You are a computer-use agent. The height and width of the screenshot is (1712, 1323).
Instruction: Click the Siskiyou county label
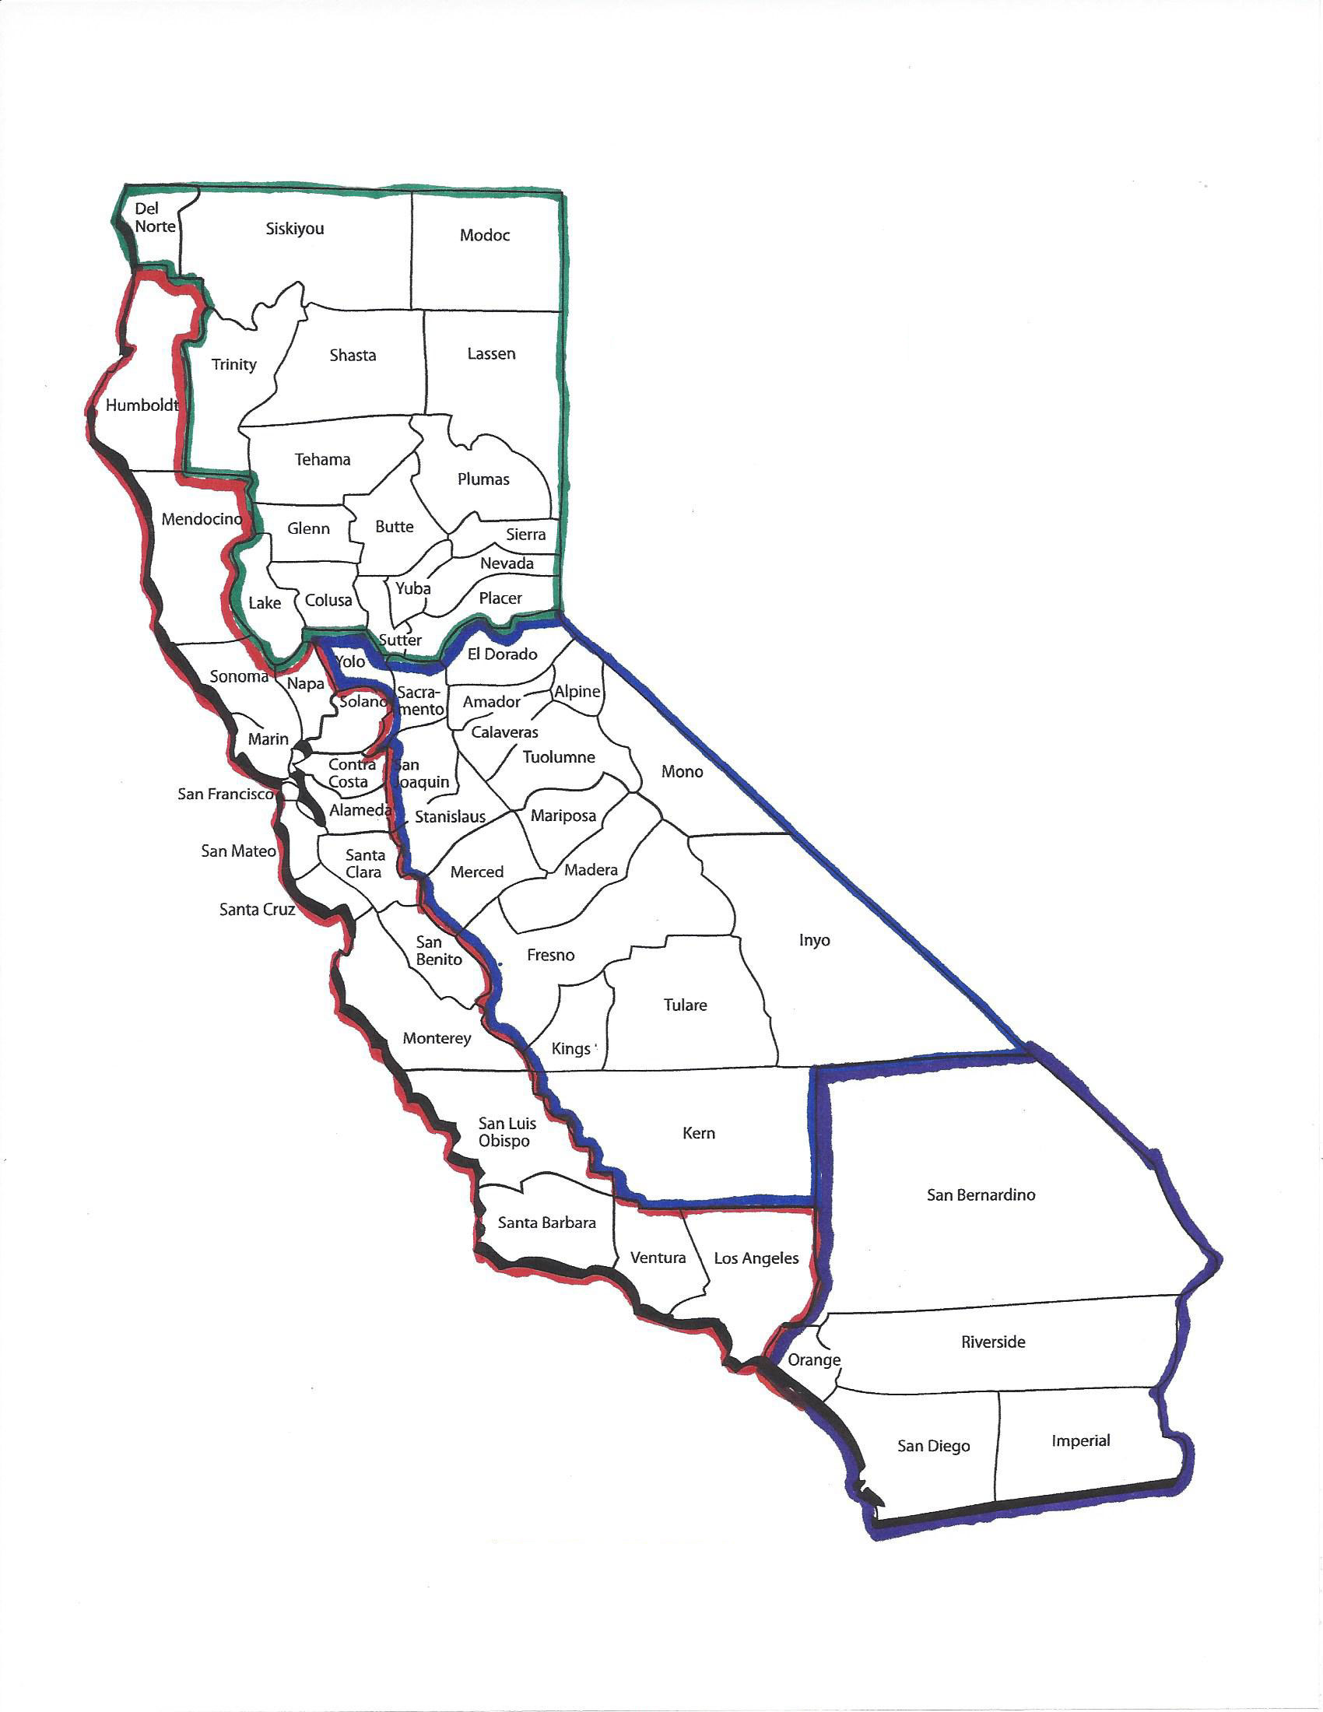click(x=295, y=229)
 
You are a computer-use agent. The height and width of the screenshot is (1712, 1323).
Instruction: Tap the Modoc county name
click(x=484, y=235)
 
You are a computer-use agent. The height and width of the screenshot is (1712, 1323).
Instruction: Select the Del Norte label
click(x=153, y=217)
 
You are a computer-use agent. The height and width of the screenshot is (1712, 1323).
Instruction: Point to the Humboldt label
click(x=142, y=405)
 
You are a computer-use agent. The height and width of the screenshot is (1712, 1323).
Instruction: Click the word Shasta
click(x=353, y=355)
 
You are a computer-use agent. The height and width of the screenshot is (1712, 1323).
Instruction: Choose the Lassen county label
click(x=491, y=353)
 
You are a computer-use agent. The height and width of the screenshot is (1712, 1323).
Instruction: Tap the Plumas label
click(x=483, y=479)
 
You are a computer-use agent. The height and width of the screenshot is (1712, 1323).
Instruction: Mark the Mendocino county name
click(x=202, y=519)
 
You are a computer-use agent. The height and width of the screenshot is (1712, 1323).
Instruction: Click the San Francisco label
click(x=226, y=794)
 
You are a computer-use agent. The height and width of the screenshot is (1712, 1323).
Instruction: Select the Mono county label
click(x=682, y=771)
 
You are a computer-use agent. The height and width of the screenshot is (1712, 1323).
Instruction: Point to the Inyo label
click(x=814, y=940)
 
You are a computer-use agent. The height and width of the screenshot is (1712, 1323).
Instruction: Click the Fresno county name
click(x=550, y=955)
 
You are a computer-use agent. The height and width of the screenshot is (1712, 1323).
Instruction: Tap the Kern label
click(x=698, y=1133)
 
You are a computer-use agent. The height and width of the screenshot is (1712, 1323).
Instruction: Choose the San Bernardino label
click(x=981, y=1195)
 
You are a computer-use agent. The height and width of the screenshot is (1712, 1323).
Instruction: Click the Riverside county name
click(x=993, y=1342)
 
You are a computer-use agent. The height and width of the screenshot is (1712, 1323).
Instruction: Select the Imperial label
click(x=1081, y=1440)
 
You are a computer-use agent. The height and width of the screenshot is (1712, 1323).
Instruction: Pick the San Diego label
click(x=933, y=1447)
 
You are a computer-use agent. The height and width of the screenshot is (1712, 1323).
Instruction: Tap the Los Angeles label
click(x=756, y=1258)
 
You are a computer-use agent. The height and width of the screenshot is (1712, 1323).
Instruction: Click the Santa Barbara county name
click(x=546, y=1222)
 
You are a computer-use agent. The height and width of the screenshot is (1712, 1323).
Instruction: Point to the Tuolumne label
click(x=559, y=757)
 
